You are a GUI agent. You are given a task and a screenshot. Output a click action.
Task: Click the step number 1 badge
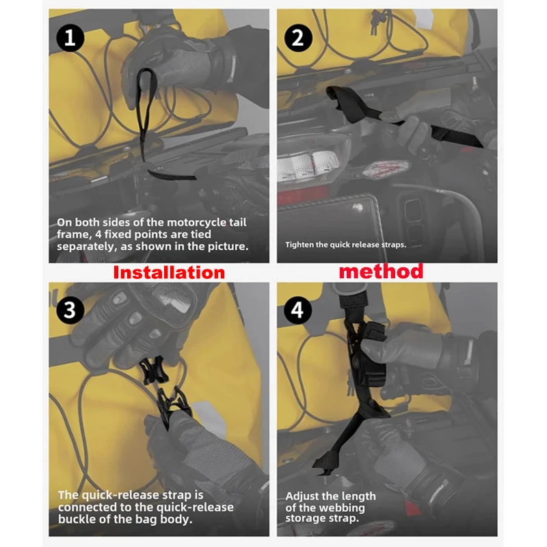coord(70,38)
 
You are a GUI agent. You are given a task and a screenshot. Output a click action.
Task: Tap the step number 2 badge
coord(298,38)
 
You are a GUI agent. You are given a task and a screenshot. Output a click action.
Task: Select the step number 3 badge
coord(70,310)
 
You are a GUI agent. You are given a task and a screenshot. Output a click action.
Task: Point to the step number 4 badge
coord(298,310)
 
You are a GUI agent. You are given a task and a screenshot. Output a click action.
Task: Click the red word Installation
coord(169,272)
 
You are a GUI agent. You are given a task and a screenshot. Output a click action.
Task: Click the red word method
coord(381,271)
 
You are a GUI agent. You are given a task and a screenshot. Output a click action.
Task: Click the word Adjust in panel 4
coord(302,496)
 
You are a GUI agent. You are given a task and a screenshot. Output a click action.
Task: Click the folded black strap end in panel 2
coord(339,98)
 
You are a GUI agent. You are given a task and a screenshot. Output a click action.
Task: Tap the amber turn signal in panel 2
coord(386,170)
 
